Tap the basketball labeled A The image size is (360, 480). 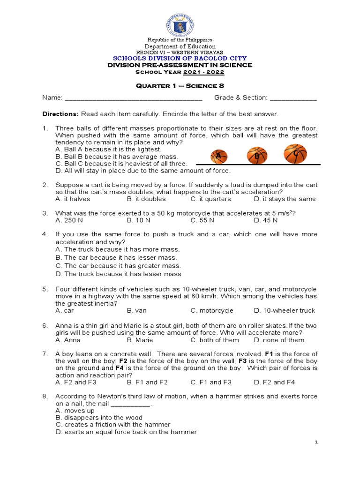tap(218, 157)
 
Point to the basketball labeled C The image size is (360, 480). tap(295, 154)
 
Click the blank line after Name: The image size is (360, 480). tap(133, 98)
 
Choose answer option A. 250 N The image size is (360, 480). tap(69, 220)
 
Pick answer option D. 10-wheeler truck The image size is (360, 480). tap(285, 310)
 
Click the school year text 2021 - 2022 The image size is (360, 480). tap(204, 72)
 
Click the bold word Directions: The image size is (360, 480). tap(61, 114)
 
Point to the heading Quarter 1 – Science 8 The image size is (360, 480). tap(180, 85)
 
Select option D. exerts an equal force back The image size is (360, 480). tap(126, 432)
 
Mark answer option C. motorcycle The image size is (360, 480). tap(212, 310)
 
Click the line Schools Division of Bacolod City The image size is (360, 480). tap(180, 58)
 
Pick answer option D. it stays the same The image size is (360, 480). tap(285, 199)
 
